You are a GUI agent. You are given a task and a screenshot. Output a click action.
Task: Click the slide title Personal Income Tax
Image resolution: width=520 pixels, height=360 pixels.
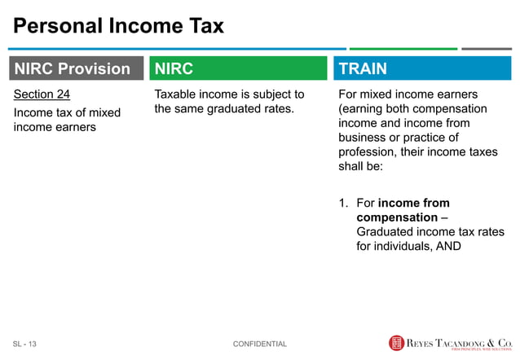click(x=118, y=26)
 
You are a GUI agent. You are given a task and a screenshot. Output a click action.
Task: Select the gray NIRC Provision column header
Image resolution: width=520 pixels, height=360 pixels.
click(x=73, y=68)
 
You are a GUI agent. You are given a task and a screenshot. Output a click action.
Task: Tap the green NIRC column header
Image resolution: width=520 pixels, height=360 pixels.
click(x=236, y=68)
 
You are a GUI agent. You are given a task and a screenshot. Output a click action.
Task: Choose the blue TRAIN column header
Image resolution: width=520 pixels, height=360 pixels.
click(x=421, y=68)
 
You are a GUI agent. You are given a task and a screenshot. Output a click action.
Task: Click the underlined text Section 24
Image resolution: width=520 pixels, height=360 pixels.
click(x=42, y=94)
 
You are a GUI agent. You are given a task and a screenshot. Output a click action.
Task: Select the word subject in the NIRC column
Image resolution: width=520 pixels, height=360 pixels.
click(x=264, y=94)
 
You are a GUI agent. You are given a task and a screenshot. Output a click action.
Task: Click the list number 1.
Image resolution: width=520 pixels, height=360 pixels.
click(x=343, y=203)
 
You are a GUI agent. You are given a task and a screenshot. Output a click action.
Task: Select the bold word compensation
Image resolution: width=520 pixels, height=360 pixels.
click(x=396, y=217)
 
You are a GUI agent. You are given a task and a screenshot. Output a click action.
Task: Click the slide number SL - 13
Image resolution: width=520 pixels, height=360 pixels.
click(x=24, y=344)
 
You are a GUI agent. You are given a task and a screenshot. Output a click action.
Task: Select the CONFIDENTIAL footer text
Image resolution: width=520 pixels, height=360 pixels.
click(x=259, y=344)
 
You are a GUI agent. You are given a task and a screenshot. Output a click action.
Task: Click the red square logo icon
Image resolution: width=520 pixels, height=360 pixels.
click(x=397, y=343)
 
